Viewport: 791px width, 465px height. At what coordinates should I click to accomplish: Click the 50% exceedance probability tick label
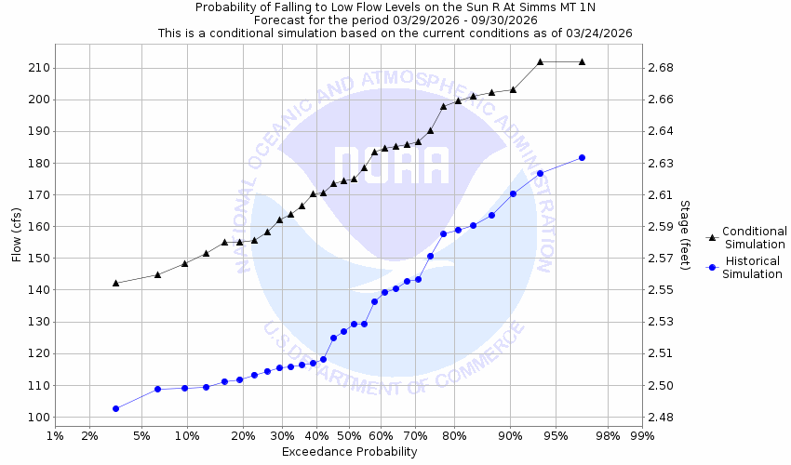pyautogui.click(x=349, y=435)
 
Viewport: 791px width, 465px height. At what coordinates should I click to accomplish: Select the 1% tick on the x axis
pyautogui.click(x=55, y=435)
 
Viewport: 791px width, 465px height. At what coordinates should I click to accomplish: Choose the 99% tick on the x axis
pyautogui.click(x=642, y=435)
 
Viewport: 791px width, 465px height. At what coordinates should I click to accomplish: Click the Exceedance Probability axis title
pyautogui.click(x=349, y=452)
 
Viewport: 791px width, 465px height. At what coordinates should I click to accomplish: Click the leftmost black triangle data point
pyautogui.click(x=115, y=283)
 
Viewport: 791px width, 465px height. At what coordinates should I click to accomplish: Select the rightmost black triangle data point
pyautogui.click(x=582, y=61)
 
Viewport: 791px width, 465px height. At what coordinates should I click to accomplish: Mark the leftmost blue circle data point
pyautogui.click(x=115, y=408)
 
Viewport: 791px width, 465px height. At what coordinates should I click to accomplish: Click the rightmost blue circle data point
pyautogui.click(x=582, y=157)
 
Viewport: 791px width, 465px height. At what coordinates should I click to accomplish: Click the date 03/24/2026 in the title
pyautogui.click(x=599, y=33)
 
